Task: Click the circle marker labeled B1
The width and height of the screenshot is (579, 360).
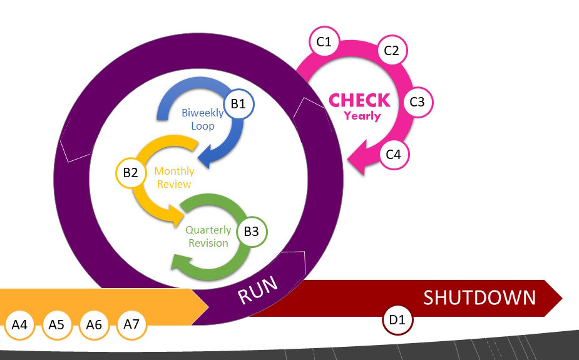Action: pos(238,104)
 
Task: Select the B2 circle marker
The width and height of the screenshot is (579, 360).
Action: pos(130,173)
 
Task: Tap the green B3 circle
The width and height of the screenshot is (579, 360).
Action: pos(251,231)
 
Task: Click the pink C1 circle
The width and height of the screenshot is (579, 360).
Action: pos(324,43)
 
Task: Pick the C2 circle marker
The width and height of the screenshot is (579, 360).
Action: pos(391,51)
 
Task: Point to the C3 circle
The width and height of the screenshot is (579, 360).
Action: pos(417,102)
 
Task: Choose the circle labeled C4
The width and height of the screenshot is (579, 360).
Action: pos(393,154)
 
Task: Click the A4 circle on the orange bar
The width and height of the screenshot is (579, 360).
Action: pos(19,325)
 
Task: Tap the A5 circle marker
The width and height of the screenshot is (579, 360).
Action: pos(56,325)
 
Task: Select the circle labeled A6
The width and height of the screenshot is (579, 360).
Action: pos(94,325)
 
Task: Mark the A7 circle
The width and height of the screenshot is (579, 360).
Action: pos(131,324)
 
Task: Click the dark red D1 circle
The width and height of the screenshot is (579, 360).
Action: pos(397,320)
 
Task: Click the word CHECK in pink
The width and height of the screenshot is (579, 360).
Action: pos(359,100)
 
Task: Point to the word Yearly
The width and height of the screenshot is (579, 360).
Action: pos(362,115)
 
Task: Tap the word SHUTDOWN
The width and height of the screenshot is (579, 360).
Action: pos(479,297)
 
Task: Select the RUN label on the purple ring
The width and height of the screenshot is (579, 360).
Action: pos(258,291)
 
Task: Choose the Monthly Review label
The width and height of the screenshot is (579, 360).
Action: pos(174,177)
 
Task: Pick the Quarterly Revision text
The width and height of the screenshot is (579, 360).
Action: pos(208,236)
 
